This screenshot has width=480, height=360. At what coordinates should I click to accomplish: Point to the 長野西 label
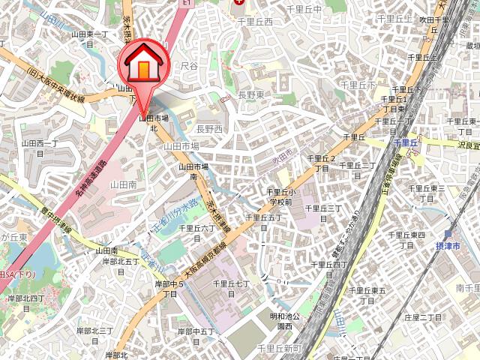point(209,129)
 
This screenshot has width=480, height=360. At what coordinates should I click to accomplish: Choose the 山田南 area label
point(123,184)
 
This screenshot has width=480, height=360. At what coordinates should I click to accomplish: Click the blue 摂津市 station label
point(447,245)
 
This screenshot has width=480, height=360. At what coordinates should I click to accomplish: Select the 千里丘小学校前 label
point(279,197)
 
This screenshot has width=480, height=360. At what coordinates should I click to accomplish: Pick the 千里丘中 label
point(304,8)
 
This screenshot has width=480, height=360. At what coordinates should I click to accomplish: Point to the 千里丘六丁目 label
point(201,232)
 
